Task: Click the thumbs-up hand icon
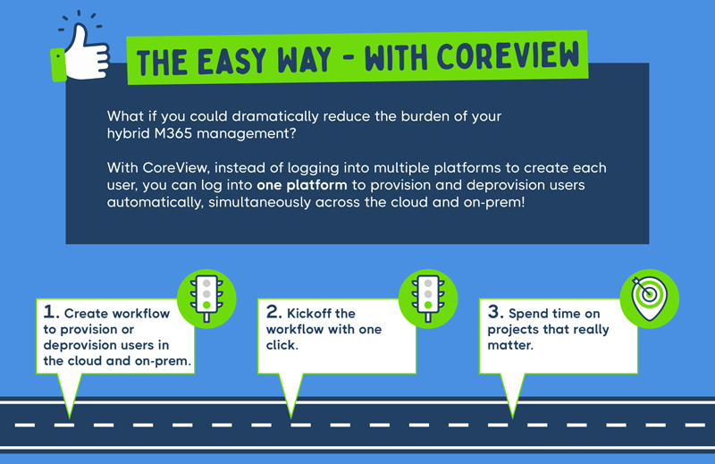click(85, 51)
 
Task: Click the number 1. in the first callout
click(53, 314)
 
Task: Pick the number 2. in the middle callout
click(273, 313)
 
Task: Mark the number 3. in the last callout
click(495, 313)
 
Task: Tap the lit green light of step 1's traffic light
click(207, 305)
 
